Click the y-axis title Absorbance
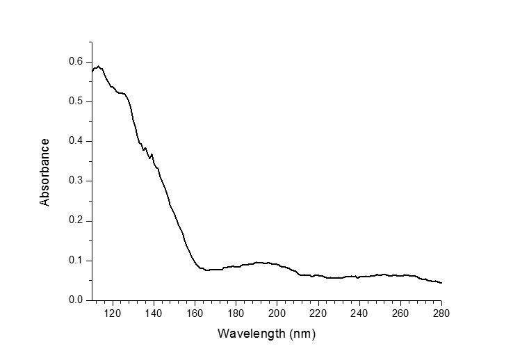[45, 172]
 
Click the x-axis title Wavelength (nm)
[267, 333]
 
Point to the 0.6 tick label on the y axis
[75, 62]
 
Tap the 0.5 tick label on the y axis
[75, 101]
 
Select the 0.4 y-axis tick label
[75, 141]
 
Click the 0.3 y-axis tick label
[75, 181]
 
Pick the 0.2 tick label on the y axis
[75, 220]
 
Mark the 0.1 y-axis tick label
[75, 261]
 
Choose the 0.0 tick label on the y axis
[75, 300]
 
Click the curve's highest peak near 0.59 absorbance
[99, 66]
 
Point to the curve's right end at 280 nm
[441, 283]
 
